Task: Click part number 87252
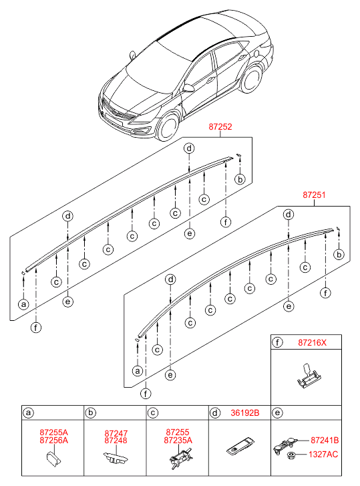(220, 127)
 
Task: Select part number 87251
(314, 195)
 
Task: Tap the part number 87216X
(312, 342)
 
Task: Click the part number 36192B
(245, 413)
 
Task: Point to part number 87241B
(325, 440)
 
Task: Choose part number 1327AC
(323, 455)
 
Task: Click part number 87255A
(53, 432)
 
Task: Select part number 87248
(116, 441)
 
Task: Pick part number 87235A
(178, 440)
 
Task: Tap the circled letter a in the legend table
(28, 413)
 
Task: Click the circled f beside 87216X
(277, 342)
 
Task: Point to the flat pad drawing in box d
(240, 447)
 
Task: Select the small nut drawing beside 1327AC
(291, 455)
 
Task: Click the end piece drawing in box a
(53, 459)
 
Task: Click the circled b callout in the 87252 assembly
(240, 179)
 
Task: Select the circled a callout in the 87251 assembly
(138, 371)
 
